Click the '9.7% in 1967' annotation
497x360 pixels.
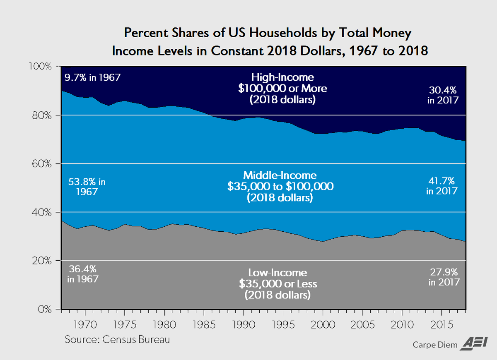pos(92,77)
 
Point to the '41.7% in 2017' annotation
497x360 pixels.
pos(442,186)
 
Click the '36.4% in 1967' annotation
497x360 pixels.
pos(83,274)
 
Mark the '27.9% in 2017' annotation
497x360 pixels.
pos(444,277)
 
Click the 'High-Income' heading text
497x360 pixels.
pos(283,77)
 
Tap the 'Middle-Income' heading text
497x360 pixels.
pos(280,175)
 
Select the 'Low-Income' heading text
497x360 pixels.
pos(277,273)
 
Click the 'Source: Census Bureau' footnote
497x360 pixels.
pos(117,340)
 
